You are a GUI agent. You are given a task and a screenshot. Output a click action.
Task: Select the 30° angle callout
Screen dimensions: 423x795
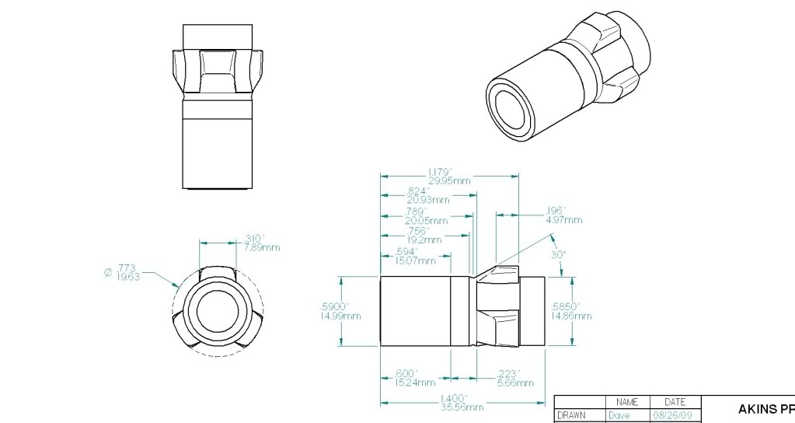[559, 254]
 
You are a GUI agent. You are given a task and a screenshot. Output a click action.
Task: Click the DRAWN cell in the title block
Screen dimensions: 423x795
[571, 416]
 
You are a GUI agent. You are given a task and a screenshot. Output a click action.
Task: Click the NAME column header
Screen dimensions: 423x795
[626, 402]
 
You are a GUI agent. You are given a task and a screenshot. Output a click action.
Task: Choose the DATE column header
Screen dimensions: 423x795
[675, 402]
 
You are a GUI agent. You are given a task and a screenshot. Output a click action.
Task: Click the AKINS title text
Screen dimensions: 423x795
[765, 408]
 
